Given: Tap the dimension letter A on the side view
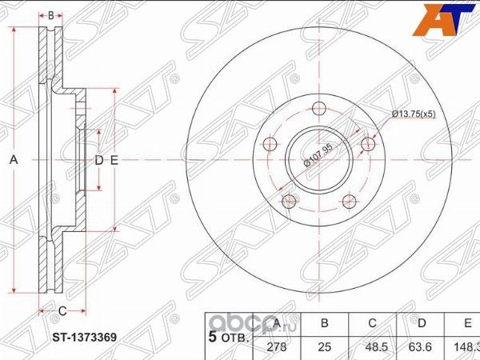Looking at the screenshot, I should pyautogui.click(x=13, y=161).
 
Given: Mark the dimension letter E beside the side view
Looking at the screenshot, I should pyautogui.click(x=114, y=161).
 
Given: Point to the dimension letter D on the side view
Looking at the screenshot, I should pyautogui.click(x=99, y=161).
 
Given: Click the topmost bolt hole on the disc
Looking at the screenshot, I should pyautogui.click(x=318, y=109).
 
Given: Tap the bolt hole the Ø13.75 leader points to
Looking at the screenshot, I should pyautogui.click(x=367, y=144).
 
